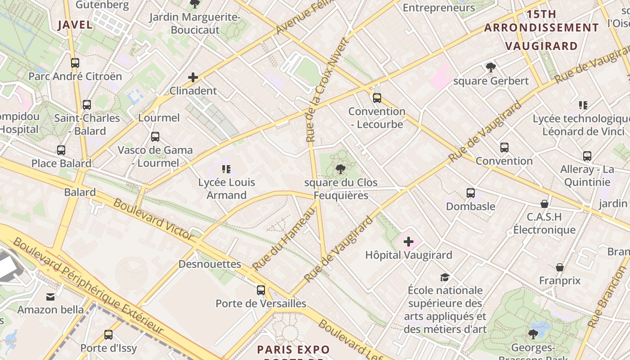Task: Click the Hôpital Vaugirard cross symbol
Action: point(409,242)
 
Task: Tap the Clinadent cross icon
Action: point(193,77)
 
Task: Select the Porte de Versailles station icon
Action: point(261,290)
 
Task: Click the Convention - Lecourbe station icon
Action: point(377,98)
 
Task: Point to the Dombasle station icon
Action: point(471,193)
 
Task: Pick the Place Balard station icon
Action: point(61,150)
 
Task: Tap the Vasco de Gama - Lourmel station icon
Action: point(155,137)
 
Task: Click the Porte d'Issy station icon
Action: point(108,335)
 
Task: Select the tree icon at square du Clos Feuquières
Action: point(341,169)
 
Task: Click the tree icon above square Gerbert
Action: point(490,68)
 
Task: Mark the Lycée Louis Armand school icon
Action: point(226,169)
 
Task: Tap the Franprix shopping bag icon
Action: point(560,267)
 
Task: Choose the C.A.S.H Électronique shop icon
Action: point(544,204)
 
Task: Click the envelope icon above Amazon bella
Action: point(50,297)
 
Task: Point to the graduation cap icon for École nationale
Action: point(445,277)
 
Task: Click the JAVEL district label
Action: point(75,25)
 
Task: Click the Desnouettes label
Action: point(210,264)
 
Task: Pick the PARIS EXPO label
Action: point(293,350)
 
